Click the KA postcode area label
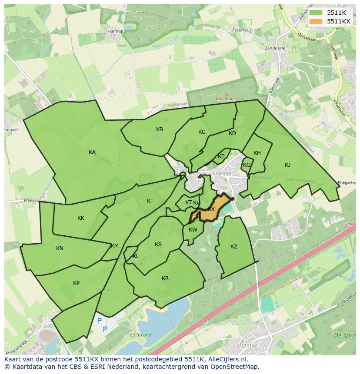92,152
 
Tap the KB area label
160,129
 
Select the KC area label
202,132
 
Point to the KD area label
232,133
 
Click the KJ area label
287,165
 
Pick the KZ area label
234,247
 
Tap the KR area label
165,278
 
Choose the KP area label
77,283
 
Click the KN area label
60,248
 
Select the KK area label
81,218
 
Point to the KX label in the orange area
211,209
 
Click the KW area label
193,230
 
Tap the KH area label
257,153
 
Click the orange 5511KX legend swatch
316,21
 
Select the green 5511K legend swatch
316,13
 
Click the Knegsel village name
223,172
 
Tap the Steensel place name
247,344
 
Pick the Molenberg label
226,99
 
